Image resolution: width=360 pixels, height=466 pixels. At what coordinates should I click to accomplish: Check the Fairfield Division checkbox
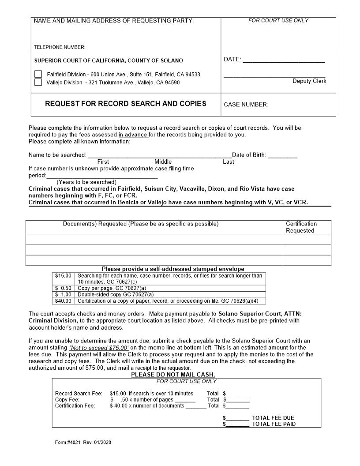[x=38, y=74]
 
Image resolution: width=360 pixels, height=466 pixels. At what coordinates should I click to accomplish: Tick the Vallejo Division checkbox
[x=38, y=82]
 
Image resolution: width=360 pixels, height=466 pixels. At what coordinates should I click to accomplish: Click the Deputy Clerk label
[x=309, y=81]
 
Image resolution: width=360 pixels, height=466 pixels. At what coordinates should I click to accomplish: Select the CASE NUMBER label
[x=246, y=105]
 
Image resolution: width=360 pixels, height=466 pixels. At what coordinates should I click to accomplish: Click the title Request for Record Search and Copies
[x=125, y=104]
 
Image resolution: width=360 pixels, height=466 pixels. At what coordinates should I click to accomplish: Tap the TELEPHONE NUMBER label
[x=60, y=47]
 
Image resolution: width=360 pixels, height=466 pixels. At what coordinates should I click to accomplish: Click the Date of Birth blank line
[x=282, y=156]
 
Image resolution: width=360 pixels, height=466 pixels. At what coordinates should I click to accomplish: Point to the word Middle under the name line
[x=163, y=162]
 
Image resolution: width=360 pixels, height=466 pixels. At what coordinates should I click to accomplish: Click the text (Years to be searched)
[x=86, y=182]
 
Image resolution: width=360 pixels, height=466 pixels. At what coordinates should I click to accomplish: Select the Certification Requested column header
[x=301, y=227]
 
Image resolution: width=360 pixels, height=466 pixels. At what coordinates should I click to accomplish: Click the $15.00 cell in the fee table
[x=63, y=276]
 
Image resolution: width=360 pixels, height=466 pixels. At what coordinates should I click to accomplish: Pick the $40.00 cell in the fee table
[x=63, y=301]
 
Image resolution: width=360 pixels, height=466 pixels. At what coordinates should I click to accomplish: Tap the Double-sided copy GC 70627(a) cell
[x=116, y=294]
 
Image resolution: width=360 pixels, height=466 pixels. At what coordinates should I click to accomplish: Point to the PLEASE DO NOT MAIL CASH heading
[x=173, y=375]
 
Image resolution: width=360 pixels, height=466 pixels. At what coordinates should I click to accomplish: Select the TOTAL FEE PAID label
[x=274, y=424]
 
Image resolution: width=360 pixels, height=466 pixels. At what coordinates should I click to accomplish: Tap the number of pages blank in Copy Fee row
[x=185, y=400]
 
